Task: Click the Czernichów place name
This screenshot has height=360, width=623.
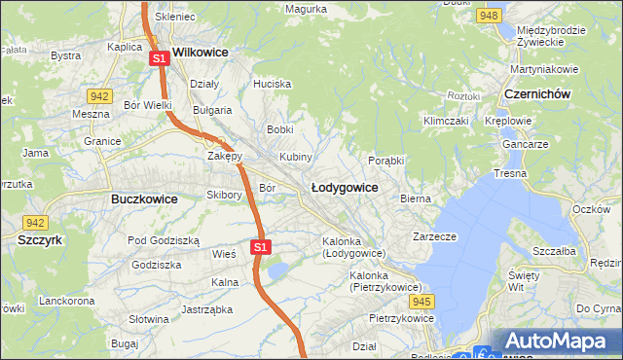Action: (x=536, y=93)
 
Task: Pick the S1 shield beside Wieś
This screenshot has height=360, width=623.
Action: (x=259, y=247)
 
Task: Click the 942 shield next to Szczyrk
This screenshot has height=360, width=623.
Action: (x=36, y=222)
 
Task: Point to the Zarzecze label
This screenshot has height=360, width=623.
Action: (x=434, y=236)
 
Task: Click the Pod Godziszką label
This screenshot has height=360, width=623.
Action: (x=164, y=239)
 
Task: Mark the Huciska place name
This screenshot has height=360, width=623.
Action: (x=272, y=85)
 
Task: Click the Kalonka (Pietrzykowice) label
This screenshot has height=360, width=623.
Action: (x=385, y=281)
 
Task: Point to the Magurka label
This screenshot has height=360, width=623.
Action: (x=306, y=9)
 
